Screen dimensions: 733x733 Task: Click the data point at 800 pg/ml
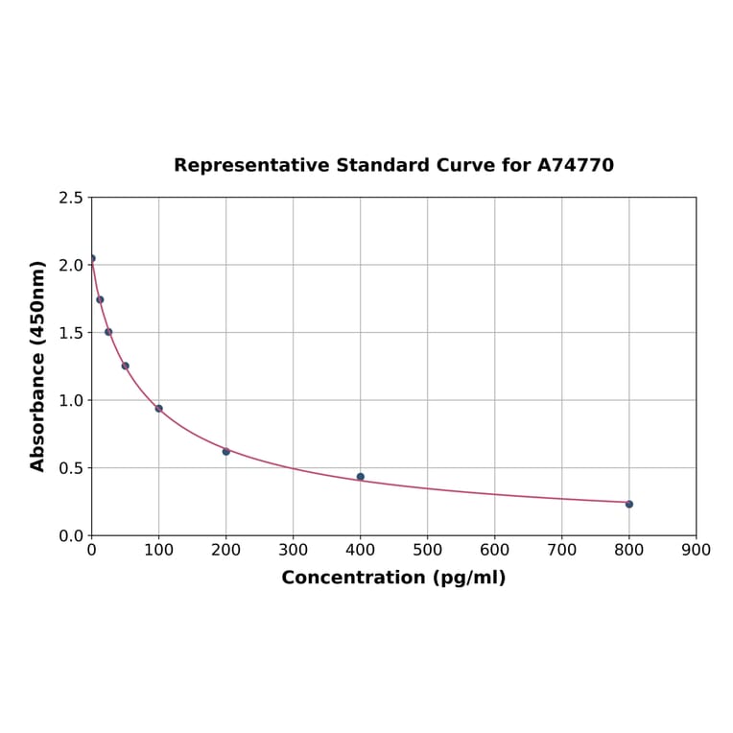tap(629, 504)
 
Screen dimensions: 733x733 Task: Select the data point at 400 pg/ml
tap(361, 477)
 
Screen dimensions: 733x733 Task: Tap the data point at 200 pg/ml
tap(226, 451)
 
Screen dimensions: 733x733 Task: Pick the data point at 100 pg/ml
tap(159, 409)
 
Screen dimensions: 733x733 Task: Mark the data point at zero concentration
tap(92, 258)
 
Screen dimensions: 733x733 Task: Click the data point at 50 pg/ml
tap(126, 366)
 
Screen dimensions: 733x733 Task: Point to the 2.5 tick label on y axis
tap(70, 198)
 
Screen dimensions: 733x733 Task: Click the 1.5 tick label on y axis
tap(70, 333)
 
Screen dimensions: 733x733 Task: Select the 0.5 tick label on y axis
tap(70, 468)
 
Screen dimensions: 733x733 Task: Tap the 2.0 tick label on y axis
tap(70, 265)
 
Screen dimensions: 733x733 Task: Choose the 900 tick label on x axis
tap(697, 550)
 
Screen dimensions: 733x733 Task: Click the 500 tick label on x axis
tap(428, 550)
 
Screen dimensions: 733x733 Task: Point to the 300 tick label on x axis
tap(294, 550)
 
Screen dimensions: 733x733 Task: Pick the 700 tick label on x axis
tap(562, 550)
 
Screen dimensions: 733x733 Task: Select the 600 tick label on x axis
tap(495, 550)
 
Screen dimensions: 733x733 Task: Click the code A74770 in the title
tap(576, 166)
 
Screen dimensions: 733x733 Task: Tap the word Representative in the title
tap(252, 166)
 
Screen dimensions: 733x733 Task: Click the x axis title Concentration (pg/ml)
tap(393, 578)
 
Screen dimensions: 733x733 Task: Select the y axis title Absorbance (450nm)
tap(38, 366)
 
